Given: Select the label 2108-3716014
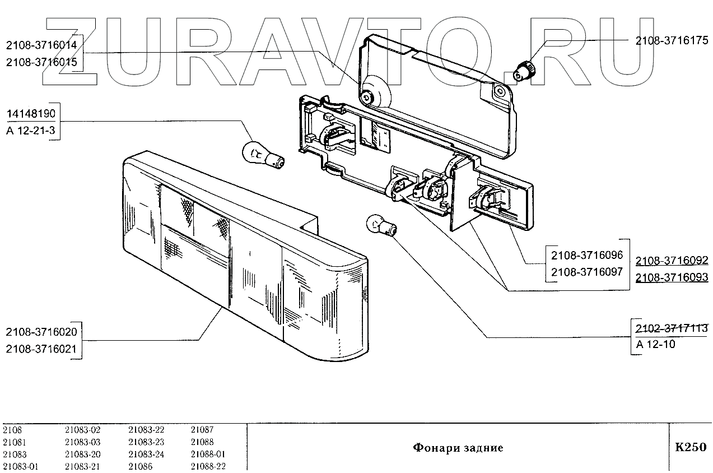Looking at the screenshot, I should coord(43,45).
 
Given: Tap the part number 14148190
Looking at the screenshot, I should coord(31,114).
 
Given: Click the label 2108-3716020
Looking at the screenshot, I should coord(41,332).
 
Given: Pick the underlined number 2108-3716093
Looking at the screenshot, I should coord(672,277).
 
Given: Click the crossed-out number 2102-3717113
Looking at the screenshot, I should coord(672,328).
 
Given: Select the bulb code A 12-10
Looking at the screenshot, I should coord(656,344).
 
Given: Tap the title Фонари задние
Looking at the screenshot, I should coord(458,448).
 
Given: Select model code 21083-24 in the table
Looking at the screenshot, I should coord(146,454).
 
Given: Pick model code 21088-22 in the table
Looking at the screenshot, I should coord(208,466).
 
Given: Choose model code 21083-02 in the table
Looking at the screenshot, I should coord(82,430).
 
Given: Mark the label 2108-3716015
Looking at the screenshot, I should coord(43,62).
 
